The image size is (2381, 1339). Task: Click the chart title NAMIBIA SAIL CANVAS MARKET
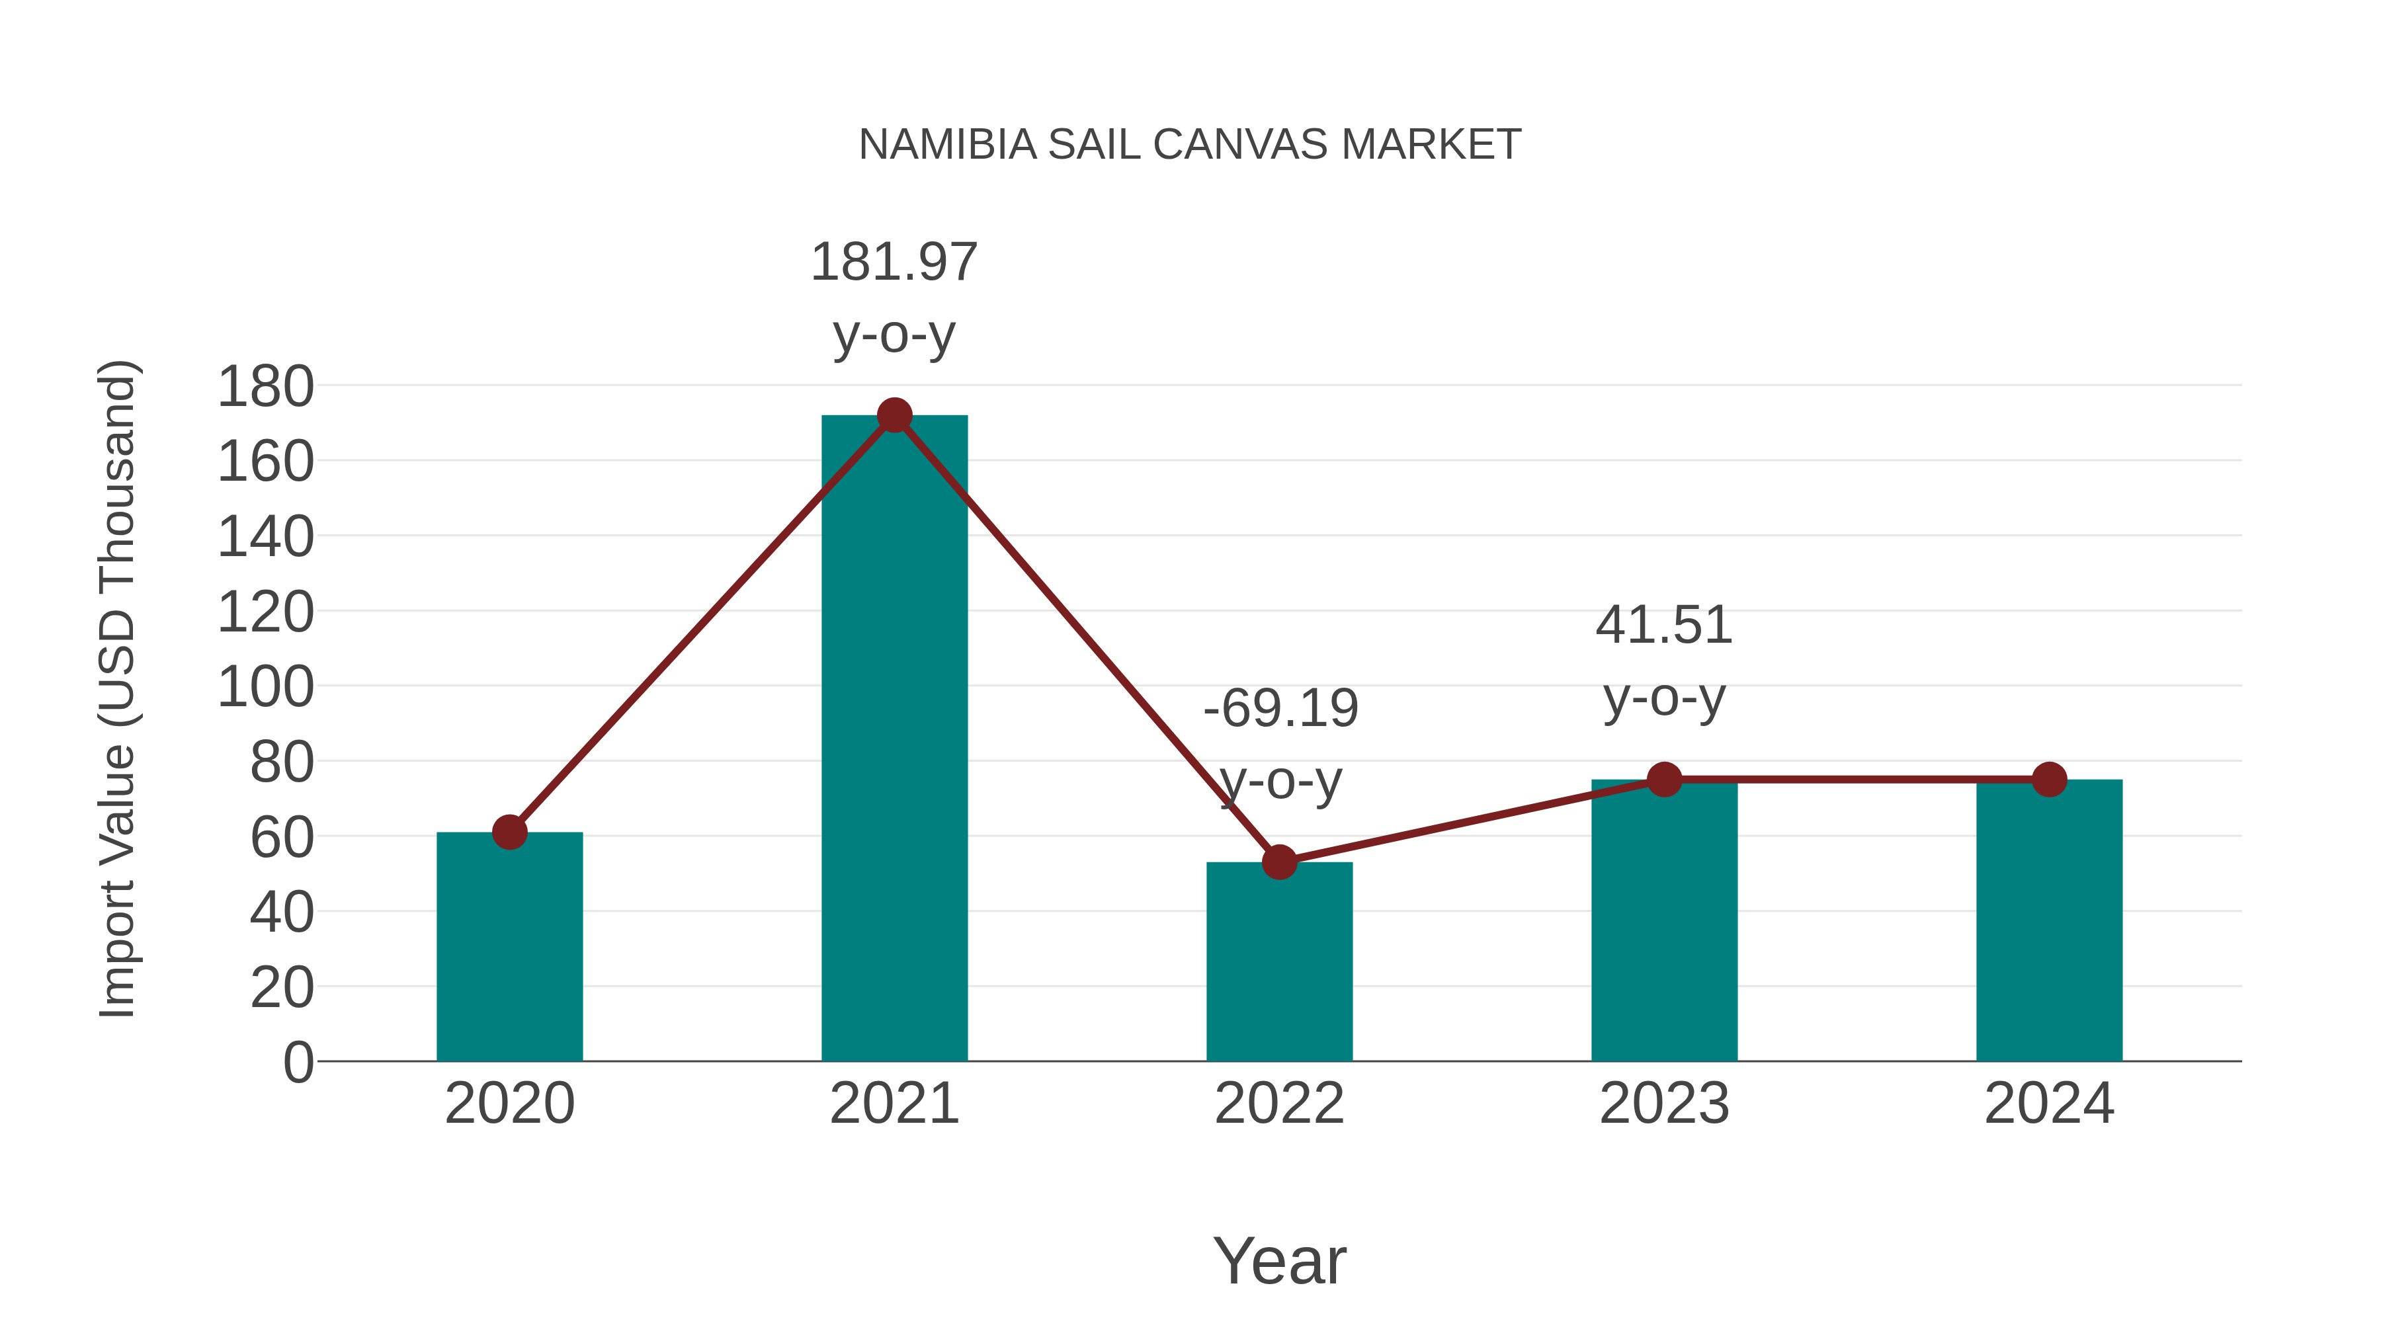click(1190, 144)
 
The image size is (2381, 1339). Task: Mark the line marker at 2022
click(1279, 862)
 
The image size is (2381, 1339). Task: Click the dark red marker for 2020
click(509, 832)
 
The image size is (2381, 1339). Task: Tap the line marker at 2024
click(2049, 780)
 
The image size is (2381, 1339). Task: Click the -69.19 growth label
click(1280, 709)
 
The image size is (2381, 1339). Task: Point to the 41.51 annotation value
click(1664, 625)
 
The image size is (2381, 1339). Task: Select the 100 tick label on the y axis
click(265, 688)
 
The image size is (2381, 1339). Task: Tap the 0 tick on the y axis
click(298, 1062)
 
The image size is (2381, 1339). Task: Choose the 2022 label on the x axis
click(1279, 1104)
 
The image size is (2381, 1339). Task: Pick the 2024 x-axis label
click(2049, 1104)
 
